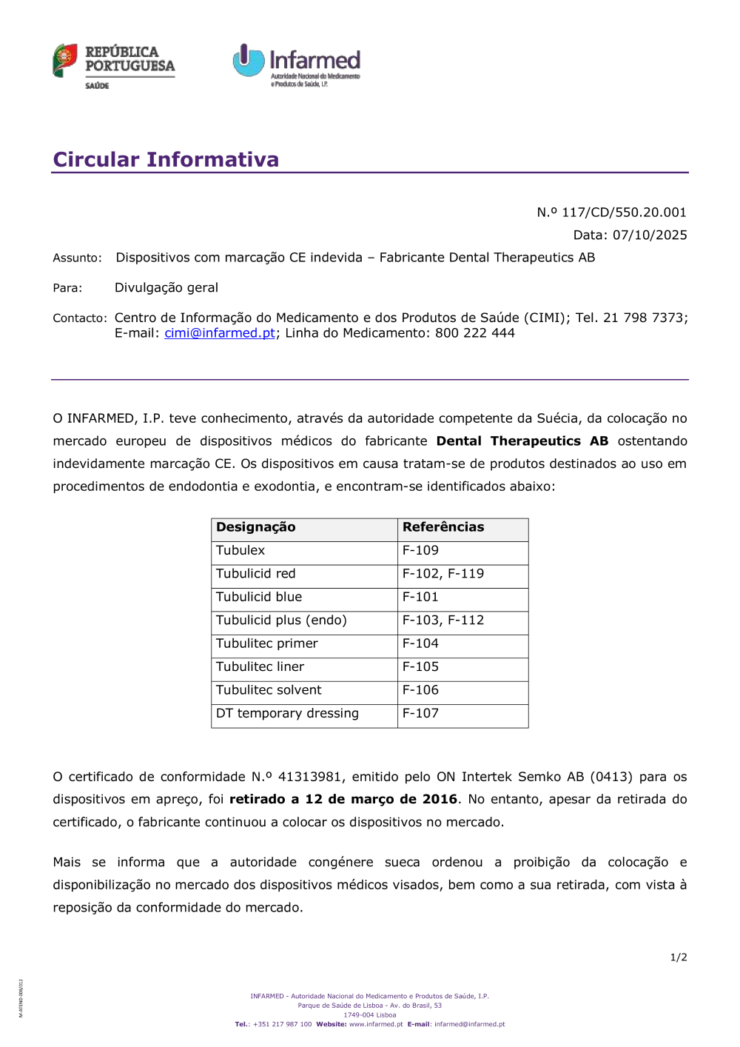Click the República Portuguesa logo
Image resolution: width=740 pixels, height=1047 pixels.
click(x=113, y=66)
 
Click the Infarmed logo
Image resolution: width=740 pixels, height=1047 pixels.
click(x=297, y=65)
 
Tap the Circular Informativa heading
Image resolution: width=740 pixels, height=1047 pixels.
click(x=166, y=159)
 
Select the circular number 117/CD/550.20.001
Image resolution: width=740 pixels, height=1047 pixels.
click(x=624, y=213)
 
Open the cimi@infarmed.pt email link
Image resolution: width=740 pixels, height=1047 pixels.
click(x=220, y=333)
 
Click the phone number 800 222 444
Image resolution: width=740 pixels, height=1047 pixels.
click(x=475, y=333)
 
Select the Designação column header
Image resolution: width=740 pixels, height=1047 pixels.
click(x=256, y=527)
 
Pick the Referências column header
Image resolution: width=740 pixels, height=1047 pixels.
click(x=443, y=527)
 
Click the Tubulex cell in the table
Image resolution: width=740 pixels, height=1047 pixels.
click(x=240, y=551)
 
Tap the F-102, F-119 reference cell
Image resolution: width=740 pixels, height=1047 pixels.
click(x=443, y=574)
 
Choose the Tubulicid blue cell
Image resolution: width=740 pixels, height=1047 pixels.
click(x=259, y=597)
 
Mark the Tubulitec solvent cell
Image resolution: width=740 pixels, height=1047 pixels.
click(x=269, y=690)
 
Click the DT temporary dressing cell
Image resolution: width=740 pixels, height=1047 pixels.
click(x=287, y=713)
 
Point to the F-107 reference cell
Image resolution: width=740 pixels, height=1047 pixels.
click(x=420, y=713)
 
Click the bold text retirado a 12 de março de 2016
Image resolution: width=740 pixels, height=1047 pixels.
click(x=343, y=800)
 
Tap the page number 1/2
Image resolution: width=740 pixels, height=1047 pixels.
click(x=679, y=957)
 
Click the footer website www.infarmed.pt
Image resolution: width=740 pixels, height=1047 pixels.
click(x=376, y=1025)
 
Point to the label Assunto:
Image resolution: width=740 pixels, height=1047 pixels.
click(x=77, y=258)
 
